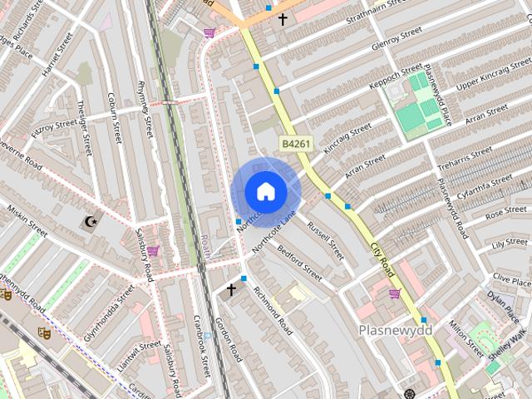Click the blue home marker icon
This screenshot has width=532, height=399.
click(x=265, y=191)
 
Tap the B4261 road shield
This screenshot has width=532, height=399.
click(x=295, y=144)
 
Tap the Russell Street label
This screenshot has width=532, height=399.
click(x=325, y=239)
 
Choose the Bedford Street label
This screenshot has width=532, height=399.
click(x=299, y=263)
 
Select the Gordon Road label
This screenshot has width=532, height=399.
click(x=228, y=339)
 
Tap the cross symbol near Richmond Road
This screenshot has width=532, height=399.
click(x=231, y=289)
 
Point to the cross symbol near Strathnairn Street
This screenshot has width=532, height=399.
click(x=283, y=18)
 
